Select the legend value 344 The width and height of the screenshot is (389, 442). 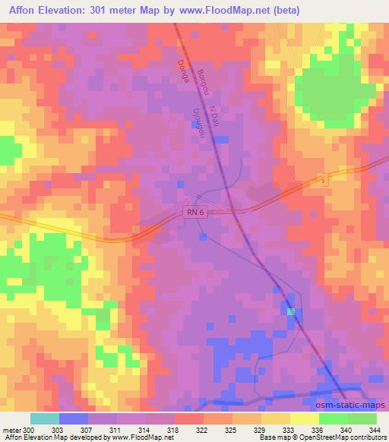(375, 429)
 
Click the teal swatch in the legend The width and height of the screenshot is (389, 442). (44, 418)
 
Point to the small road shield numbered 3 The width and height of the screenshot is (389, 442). (324, 180)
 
